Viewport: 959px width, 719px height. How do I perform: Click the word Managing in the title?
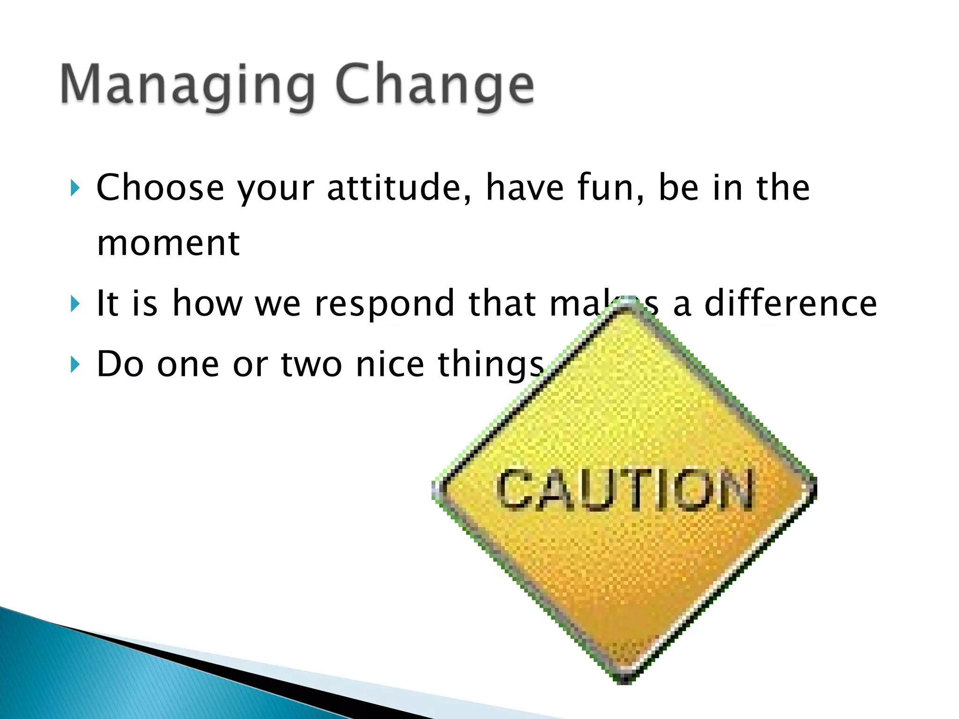(187, 87)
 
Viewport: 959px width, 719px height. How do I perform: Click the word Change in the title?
(435, 87)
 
